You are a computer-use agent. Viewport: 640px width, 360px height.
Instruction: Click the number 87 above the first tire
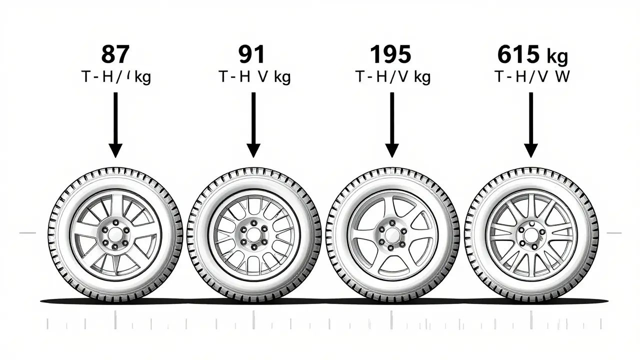click(115, 54)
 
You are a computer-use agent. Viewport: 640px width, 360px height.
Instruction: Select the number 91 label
click(252, 54)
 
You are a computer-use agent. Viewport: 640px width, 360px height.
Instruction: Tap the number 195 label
click(391, 54)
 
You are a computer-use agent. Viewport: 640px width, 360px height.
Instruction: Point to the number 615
click(518, 54)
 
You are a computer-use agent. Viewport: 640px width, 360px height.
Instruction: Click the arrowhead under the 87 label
click(115, 149)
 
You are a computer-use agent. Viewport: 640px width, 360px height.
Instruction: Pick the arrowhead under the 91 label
click(253, 149)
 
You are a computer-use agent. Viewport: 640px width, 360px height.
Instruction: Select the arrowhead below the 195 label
click(392, 149)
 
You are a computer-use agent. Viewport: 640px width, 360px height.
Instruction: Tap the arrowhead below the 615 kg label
click(530, 149)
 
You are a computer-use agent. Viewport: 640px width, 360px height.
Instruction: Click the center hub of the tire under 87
click(115, 233)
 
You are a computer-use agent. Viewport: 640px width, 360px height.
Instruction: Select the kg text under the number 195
click(420, 78)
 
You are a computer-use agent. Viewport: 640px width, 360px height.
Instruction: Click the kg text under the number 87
click(142, 78)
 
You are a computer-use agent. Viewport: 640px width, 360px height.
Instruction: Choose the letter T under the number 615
click(499, 77)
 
